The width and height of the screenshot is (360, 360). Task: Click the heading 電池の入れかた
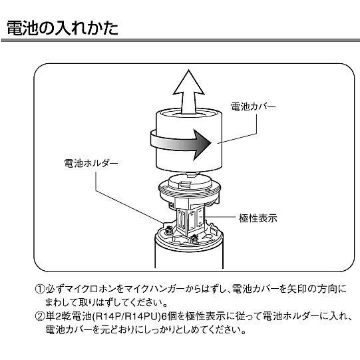click(63, 29)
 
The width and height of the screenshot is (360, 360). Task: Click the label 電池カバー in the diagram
click(252, 106)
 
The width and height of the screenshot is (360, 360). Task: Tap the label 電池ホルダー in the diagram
click(90, 162)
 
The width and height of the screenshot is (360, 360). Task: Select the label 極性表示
click(259, 217)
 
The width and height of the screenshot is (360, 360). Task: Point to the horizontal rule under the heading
click(180, 43)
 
